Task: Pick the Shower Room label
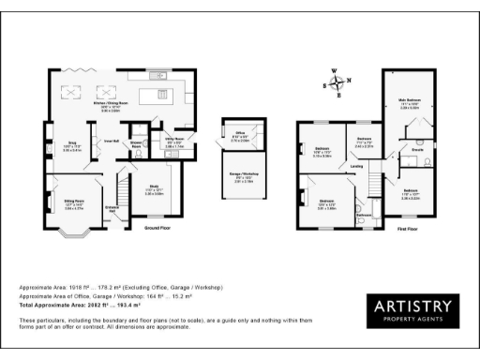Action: tap(137, 145)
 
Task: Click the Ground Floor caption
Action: tap(157, 228)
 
